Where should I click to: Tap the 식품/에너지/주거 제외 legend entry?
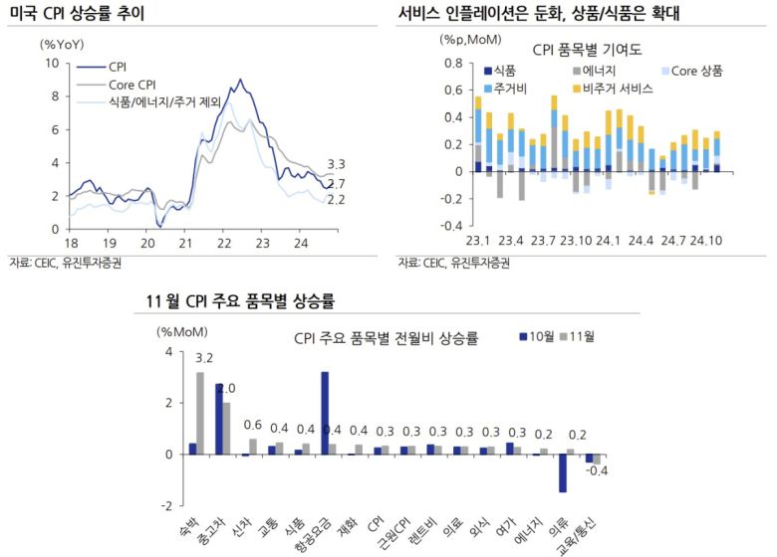click(164, 102)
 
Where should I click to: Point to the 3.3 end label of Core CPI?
click(336, 163)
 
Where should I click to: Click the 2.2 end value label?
click(336, 200)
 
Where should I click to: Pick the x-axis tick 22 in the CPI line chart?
click(224, 243)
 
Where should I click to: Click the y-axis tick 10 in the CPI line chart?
click(53, 63)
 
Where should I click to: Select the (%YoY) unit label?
click(62, 44)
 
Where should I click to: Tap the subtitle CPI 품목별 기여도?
click(587, 49)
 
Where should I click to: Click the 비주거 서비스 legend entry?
click(620, 89)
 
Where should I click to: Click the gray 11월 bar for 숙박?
click(200, 413)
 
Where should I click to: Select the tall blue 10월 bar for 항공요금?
click(325, 413)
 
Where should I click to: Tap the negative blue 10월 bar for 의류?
click(562, 472)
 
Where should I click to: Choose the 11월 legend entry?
click(577, 337)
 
